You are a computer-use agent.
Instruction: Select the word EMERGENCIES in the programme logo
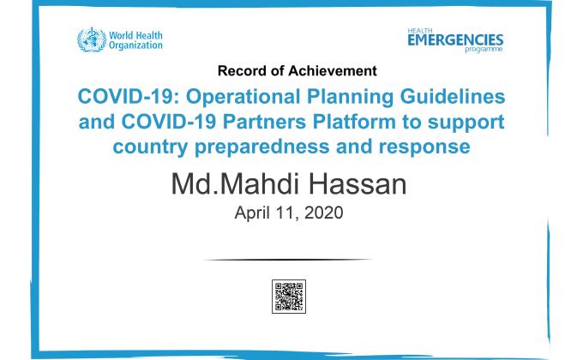coord(455,39)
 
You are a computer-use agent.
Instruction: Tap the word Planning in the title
coord(340,94)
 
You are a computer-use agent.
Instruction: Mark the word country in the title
coord(153,147)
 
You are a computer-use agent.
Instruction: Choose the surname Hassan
coord(359,183)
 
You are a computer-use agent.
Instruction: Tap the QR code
coord(289,296)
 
